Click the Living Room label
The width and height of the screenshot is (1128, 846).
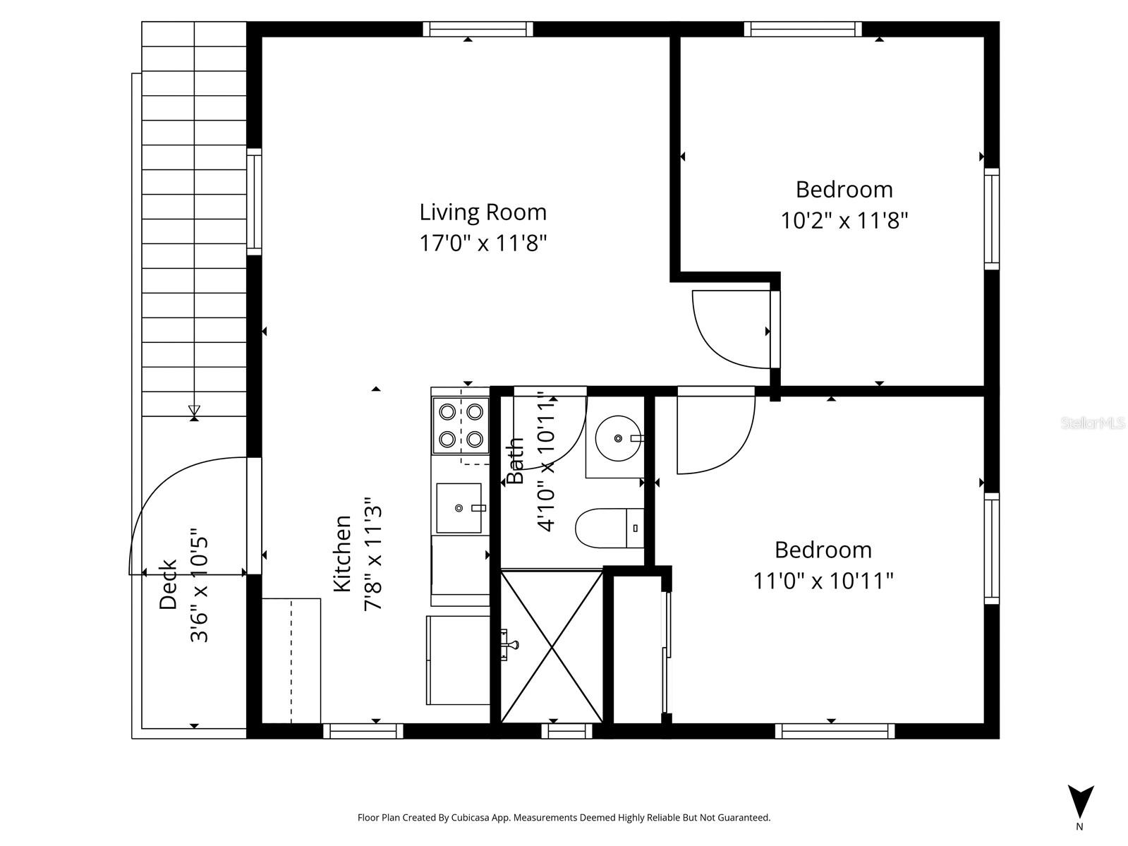tap(483, 212)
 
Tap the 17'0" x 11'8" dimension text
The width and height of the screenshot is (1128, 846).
tap(483, 243)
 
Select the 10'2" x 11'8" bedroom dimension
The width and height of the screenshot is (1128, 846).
tap(844, 221)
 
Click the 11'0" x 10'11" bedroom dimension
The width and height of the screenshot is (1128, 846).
tap(823, 581)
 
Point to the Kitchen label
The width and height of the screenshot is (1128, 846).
tap(342, 554)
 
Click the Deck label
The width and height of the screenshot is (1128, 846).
tap(168, 584)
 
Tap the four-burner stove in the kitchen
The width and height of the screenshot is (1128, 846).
tap(461, 426)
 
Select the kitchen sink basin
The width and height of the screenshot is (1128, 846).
tap(459, 508)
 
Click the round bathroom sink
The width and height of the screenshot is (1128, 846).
tap(617, 438)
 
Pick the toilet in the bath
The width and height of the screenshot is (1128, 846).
tap(608, 528)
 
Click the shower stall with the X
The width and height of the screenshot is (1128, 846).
tap(551, 646)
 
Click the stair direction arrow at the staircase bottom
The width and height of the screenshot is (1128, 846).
tap(194, 411)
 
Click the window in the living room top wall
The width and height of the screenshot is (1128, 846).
tap(478, 29)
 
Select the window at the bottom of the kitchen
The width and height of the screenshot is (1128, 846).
tap(363, 731)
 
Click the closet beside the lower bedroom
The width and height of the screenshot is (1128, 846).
tap(636, 649)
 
